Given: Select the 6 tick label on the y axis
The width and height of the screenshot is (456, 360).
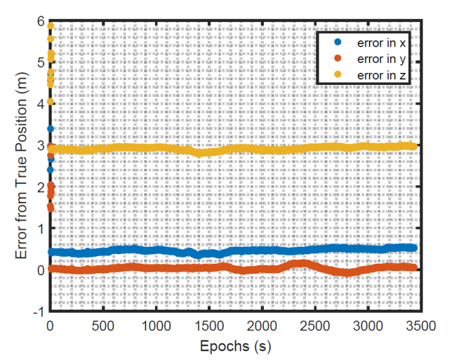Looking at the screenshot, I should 40,21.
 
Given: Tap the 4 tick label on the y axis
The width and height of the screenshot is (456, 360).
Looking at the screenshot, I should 40,104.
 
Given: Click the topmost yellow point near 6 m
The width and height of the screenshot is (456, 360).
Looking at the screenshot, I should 50,26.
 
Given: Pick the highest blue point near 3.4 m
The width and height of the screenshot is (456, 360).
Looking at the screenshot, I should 50,129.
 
